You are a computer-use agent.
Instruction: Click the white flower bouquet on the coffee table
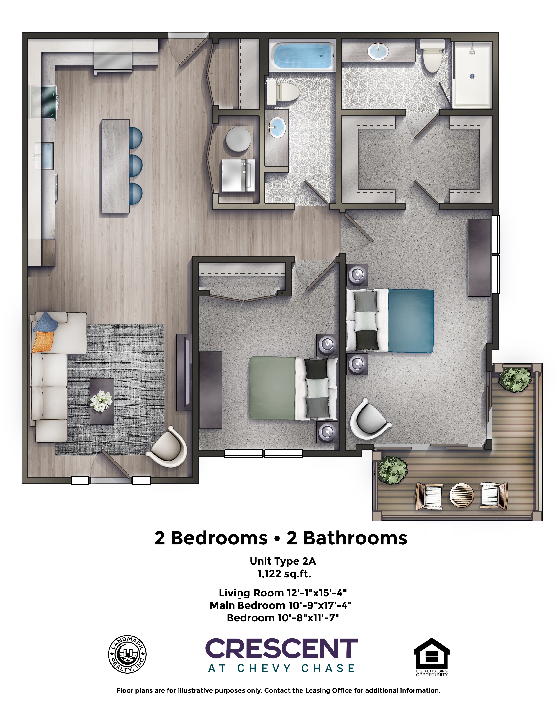coord(101,401)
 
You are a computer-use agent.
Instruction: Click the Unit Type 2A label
coord(283,561)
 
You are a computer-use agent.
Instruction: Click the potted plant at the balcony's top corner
coord(515,379)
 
